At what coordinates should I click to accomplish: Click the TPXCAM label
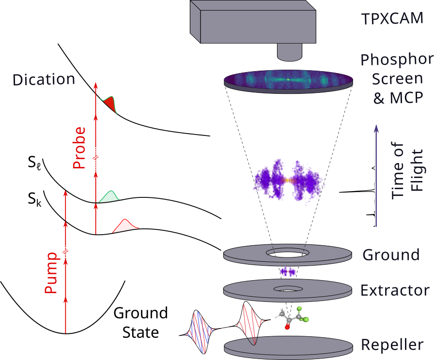pyautogui.click(x=392, y=19)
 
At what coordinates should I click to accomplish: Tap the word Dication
pyautogui.click(x=44, y=79)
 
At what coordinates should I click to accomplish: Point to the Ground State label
pyautogui.click(x=140, y=323)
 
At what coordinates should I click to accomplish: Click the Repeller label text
pyautogui.click(x=392, y=345)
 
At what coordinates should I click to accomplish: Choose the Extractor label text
pyautogui.click(x=395, y=290)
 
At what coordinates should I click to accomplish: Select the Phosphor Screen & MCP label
pyautogui.click(x=396, y=79)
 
